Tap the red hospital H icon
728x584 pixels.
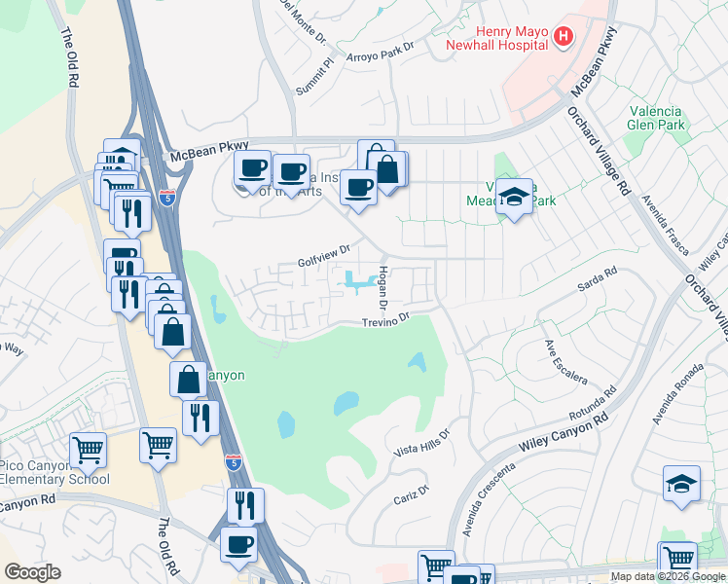tap(562, 38)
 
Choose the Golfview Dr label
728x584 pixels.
tap(322, 261)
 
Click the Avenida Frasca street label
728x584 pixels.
tap(660, 219)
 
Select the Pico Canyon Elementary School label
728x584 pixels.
tap(53, 472)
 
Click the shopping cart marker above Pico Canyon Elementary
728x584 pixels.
tap(88, 451)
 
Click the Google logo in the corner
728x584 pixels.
tap(32, 572)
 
